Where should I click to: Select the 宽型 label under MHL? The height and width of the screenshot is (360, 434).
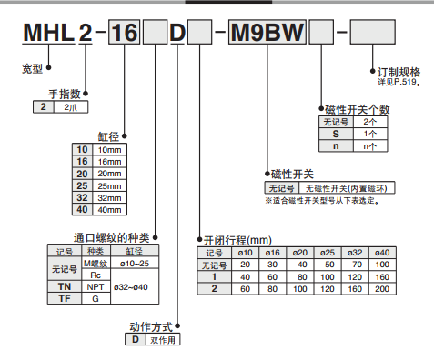pos(32,69)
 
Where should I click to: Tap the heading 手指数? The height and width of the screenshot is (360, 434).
pos(66,94)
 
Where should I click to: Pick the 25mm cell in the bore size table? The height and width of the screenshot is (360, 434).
pos(109,185)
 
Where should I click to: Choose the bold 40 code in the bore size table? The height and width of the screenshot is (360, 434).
pos(81,210)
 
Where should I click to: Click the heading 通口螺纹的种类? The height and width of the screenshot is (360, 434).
pos(111,236)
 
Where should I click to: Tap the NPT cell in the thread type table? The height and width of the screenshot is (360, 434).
pos(96,287)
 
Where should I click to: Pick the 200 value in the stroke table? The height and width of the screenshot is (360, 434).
pos(381,288)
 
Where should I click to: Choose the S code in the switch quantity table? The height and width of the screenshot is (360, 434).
pos(336,133)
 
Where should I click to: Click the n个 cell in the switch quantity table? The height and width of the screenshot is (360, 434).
pos(369,145)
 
